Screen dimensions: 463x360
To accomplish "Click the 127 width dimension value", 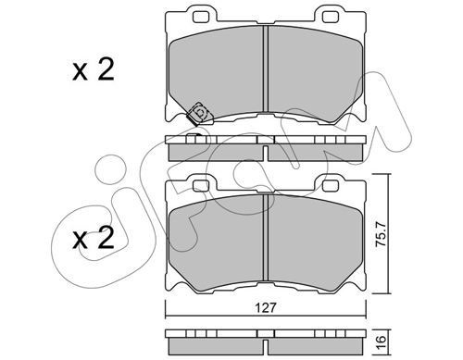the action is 266,307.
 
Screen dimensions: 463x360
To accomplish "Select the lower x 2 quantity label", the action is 94,238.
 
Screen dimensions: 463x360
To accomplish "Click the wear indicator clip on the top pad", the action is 198,114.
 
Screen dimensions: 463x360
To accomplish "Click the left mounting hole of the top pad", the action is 200,18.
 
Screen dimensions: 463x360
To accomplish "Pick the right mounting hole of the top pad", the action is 330,18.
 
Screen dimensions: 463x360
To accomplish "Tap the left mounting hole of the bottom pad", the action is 200,186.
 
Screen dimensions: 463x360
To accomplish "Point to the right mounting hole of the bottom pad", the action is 330,186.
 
